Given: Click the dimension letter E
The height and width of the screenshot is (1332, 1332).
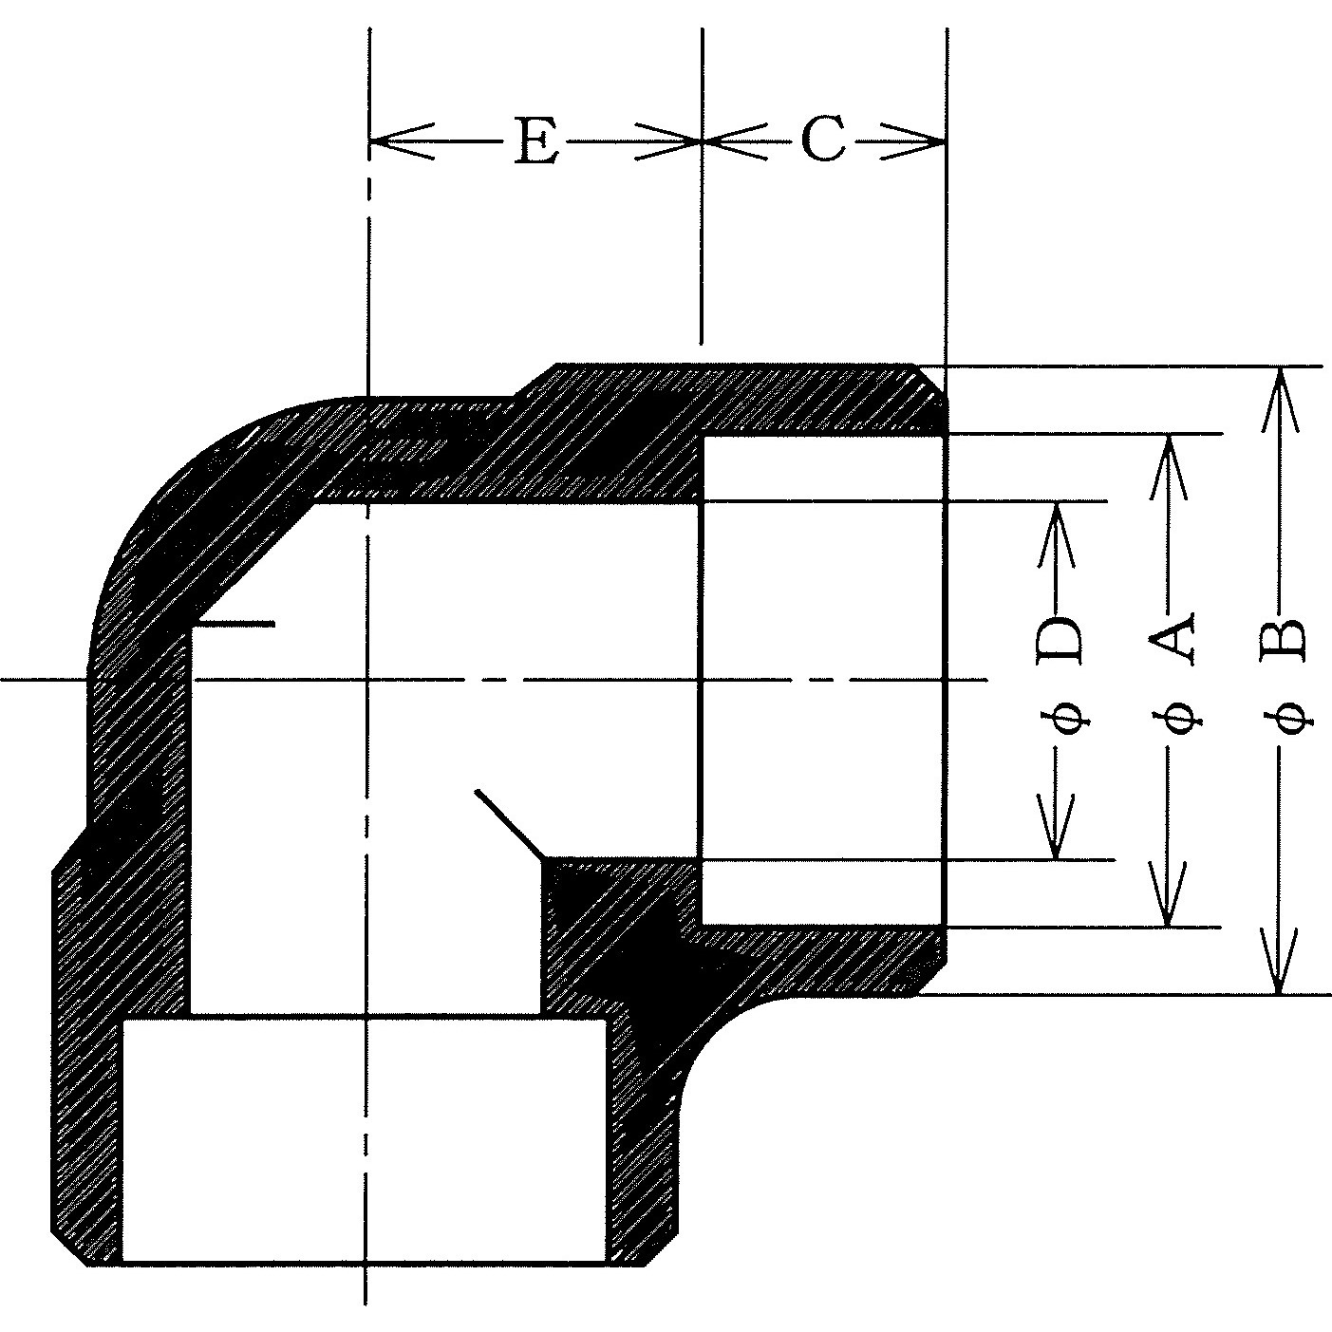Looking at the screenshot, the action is point(536,141).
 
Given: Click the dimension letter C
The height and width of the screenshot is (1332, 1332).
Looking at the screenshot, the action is point(823,140).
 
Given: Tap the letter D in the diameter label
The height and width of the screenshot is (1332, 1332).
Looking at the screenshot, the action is point(1058,639).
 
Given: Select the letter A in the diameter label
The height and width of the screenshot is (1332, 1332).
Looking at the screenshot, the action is point(1171,637).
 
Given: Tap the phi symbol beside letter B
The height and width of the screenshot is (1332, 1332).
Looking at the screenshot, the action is point(1290,718).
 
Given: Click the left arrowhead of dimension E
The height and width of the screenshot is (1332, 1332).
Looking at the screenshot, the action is point(403,141).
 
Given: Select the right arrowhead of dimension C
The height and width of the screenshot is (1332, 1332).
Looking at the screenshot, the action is point(912,141).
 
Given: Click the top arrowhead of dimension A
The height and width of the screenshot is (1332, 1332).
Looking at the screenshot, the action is point(1168,466).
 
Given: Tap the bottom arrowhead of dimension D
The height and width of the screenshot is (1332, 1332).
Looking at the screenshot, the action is point(1056,828).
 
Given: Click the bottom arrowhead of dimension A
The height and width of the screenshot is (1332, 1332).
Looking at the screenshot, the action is point(1168,894).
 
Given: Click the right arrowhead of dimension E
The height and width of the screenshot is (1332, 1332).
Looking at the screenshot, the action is point(667,141).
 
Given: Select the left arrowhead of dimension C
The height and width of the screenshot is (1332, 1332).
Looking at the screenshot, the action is point(736,141).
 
